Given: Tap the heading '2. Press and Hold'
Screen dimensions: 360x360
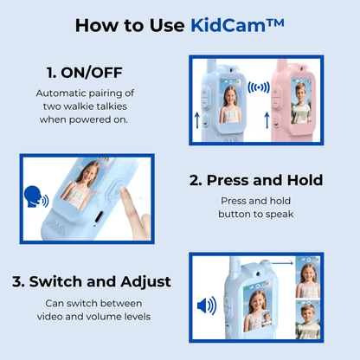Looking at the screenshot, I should [255, 180].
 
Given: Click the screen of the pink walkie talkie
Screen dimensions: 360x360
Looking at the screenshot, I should [300, 103].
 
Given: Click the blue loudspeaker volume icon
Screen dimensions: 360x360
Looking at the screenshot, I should [208, 305].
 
